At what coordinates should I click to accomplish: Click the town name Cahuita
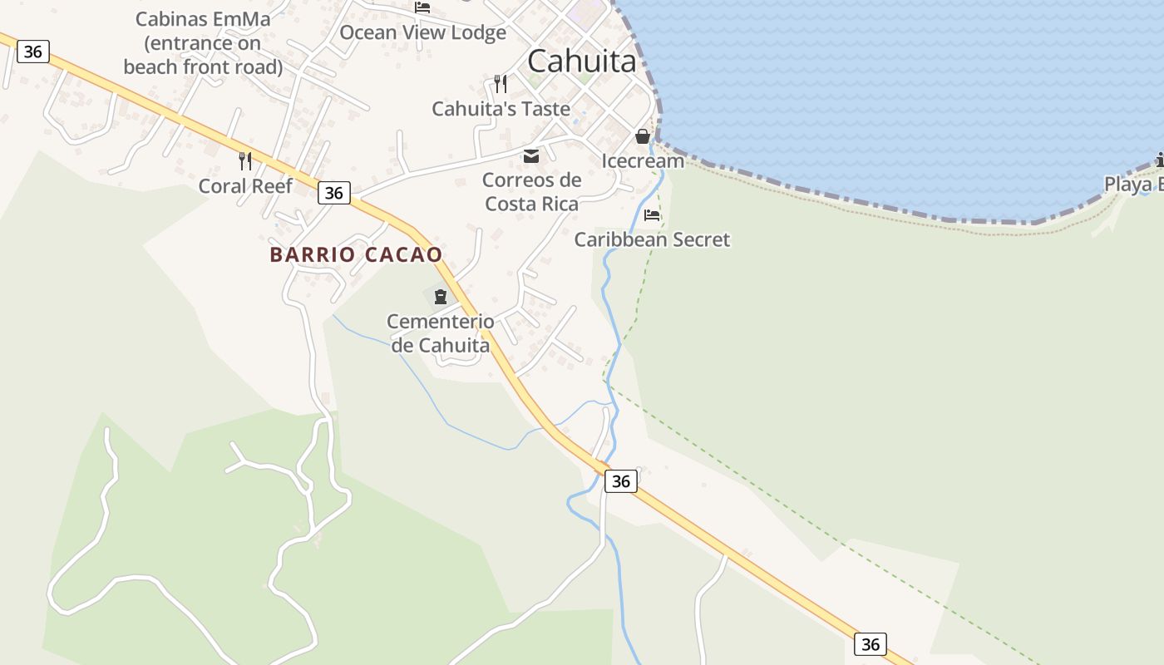click(x=581, y=61)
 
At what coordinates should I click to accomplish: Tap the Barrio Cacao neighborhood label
click(x=356, y=255)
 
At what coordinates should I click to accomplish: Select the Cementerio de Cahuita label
click(x=441, y=332)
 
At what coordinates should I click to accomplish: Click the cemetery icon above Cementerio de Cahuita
click(x=440, y=296)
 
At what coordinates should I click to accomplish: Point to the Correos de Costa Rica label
click(x=531, y=191)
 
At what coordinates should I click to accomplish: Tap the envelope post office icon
click(x=530, y=155)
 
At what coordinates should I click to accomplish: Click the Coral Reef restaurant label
click(x=245, y=185)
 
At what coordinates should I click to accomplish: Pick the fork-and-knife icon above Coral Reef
click(x=245, y=160)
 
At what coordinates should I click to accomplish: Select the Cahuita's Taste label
click(x=501, y=109)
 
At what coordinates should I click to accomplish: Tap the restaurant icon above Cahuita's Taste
click(x=500, y=83)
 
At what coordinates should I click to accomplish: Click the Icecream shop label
click(x=643, y=161)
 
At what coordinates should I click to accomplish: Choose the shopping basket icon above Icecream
click(x=643, y=136)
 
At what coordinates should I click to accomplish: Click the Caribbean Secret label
click(x=652, y=239)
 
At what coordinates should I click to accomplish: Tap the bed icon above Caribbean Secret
click(x=652, y=215)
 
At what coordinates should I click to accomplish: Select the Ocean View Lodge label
click(x=422, y=32)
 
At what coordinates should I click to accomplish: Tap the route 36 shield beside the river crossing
click(x=620, y=481)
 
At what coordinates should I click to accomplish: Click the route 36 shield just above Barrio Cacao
click(x=333, y=193)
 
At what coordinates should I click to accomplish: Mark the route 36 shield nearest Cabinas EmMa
click(x=32, y=52)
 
